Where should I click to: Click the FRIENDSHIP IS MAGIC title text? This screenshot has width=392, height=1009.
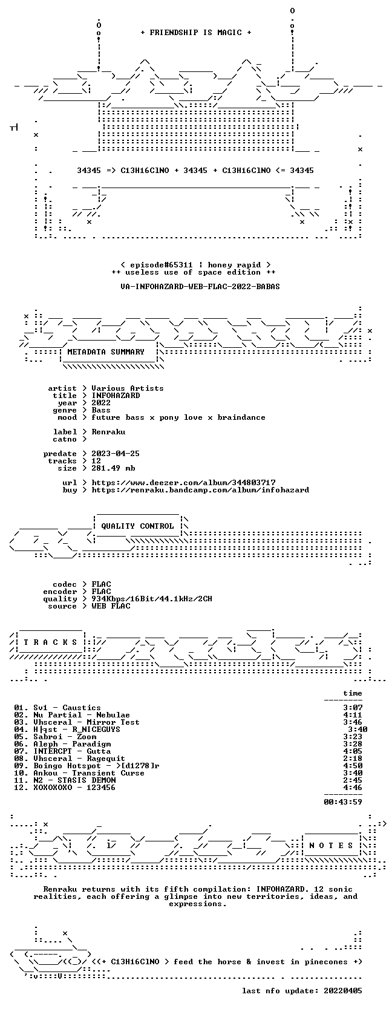coord(196,33)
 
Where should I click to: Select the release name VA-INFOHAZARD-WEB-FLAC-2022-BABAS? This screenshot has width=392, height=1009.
coord(200,287)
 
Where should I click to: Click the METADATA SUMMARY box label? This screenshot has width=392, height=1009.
coord(106,352)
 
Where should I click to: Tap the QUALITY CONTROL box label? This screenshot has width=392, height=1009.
coord(137,526)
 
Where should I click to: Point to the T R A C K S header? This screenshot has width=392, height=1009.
coord(50,642)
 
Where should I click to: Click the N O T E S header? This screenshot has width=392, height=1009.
coord(331,846)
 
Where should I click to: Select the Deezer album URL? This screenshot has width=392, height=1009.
coord(183,483)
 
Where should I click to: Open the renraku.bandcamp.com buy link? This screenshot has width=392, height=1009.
coord(200,489)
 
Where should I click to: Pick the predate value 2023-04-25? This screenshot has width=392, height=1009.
coord(113,453)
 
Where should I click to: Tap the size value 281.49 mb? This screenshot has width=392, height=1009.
coord(113,468)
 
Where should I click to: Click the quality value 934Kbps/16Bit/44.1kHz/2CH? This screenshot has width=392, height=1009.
coord(152,599)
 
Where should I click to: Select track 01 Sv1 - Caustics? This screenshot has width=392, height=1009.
coord(57,708)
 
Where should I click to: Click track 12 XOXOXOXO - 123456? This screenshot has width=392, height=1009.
coord(65,788)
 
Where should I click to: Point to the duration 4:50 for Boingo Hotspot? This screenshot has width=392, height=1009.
coord(353,766)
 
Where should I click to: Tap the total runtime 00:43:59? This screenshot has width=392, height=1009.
coord(343,802)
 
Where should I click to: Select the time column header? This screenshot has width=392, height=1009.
coord(353,693)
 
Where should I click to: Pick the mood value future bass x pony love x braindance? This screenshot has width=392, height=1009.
coord(178,417)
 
